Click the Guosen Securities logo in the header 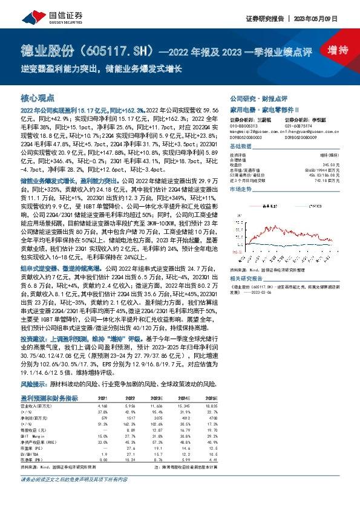(36, 15)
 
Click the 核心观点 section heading (38, 97)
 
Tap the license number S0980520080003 (247, 139)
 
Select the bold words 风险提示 (34, 383)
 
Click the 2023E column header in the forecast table (157, 397)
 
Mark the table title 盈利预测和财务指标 (50, 397)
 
